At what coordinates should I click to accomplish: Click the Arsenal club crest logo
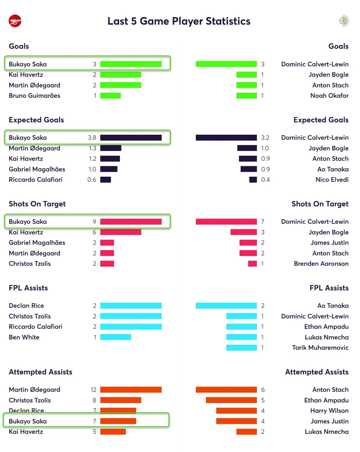click(15, 21)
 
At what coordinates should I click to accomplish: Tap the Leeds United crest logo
click(343, 21)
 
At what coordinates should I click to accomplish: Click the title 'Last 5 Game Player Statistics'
click(178, 21)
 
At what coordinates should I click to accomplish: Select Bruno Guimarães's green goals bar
click(110, 96)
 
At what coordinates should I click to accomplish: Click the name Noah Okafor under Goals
click(329, 96)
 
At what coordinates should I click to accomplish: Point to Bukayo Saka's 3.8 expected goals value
click(92, 138)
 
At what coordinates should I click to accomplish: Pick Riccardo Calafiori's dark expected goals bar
click(106, 180)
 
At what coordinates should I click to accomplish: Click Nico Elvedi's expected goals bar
click(253, 180)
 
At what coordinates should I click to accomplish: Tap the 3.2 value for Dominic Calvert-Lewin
click(265, 138)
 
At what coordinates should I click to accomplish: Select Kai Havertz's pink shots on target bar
click(121, 232)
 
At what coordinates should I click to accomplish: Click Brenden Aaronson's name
click(321, 264)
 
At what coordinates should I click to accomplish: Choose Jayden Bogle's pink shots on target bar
click(243, 232)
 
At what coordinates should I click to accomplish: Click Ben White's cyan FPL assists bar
click(115, 337)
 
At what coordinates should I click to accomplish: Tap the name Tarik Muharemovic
click(320, 348)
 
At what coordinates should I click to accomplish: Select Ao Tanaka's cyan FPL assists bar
click(226, 306)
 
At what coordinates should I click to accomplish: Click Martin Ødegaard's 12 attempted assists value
click(93, 390)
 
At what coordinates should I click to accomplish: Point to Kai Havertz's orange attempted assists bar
click(113, 432)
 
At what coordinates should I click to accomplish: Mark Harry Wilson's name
click(329, 411)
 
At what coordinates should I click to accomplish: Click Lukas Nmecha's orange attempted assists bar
click(246, 432)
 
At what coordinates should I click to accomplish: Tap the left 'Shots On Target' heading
click(37, 204)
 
